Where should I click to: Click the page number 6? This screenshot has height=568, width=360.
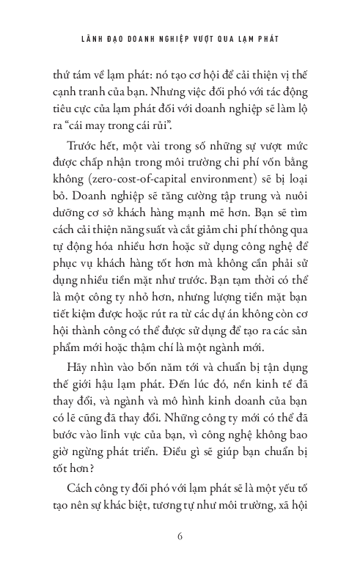click(x=180, y=535)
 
